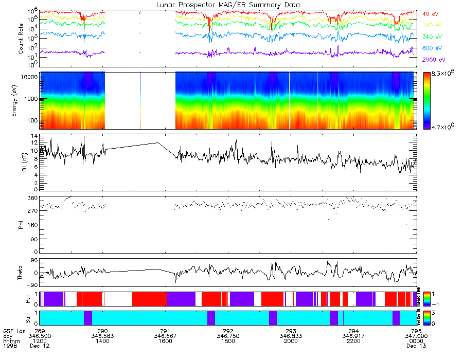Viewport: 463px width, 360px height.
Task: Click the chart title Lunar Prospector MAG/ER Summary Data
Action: [x=228, y=5]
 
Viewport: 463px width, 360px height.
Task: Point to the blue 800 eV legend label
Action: [x=431, y=48]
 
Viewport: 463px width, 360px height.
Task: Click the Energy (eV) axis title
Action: [x=21, y=101]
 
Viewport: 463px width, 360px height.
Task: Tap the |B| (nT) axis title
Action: [x=21, y=162]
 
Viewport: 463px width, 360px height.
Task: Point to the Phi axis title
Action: [x=21, y=224]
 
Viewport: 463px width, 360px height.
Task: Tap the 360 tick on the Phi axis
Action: [x=33, y=197]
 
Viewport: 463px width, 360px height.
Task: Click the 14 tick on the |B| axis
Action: [x=34, y=136]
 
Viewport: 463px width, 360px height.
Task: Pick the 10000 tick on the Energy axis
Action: [x=29, y=76]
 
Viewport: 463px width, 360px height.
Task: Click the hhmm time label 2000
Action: [x=291, y=341]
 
